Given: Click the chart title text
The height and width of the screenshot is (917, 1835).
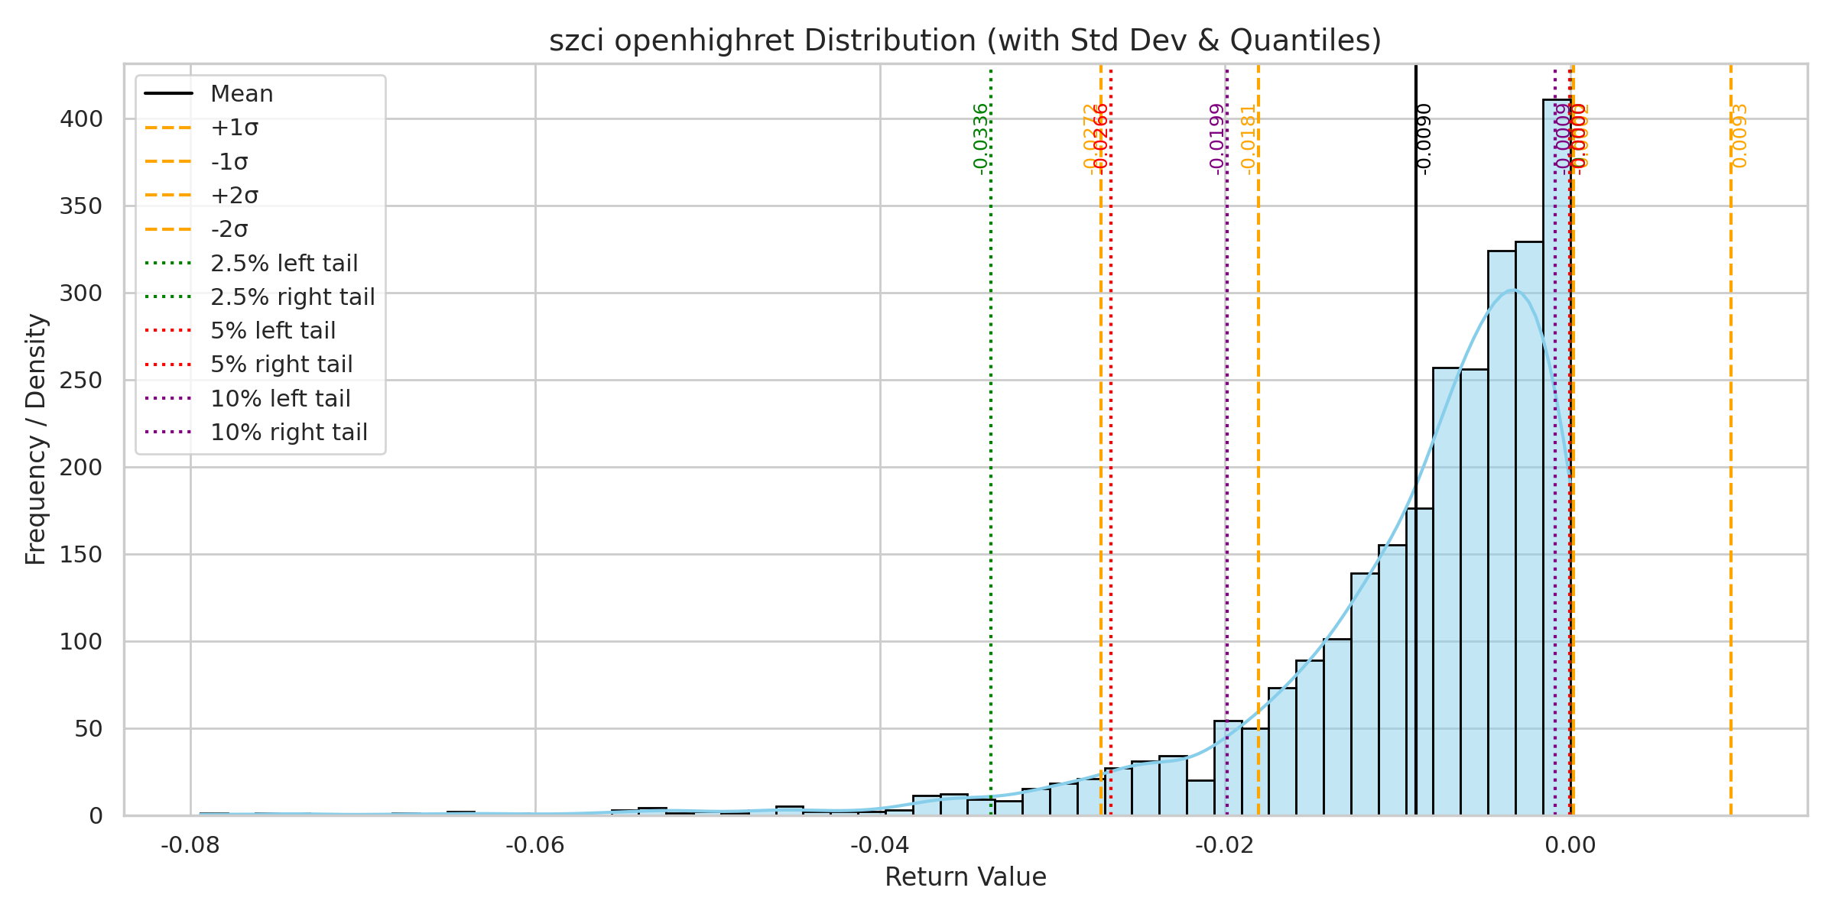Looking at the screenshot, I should [x=965, y=41].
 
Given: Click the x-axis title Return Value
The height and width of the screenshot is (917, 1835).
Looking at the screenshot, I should [x=965, y=877].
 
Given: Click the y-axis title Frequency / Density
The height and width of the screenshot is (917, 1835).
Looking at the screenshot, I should [x=36, y=439].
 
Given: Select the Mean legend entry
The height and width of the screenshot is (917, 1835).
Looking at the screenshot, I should [x=242, y=94].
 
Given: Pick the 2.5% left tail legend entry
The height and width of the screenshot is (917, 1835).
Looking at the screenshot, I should [x=284, y=264].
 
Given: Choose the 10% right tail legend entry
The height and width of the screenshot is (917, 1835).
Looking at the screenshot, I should [x=288, y=433].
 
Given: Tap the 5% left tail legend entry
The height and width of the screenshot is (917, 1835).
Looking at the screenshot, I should [x=273, y=331].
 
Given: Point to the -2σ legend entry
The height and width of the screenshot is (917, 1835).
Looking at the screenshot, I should [x=229, y=229].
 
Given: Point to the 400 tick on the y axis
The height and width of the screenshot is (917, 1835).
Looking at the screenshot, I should [x=81, y=119].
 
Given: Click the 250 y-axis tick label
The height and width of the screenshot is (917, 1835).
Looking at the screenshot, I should [x=81, y=381].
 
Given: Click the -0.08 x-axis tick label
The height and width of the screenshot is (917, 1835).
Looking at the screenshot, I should [x=190, y=845].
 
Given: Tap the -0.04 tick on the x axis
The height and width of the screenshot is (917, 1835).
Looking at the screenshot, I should [x=880, y=845].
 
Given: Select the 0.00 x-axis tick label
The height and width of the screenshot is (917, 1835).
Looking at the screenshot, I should [x=1570, y=845].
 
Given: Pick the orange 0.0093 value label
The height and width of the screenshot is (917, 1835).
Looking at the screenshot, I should [x=1740, y=136].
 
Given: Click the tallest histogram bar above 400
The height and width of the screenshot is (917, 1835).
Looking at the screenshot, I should [x=1557, y=458].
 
